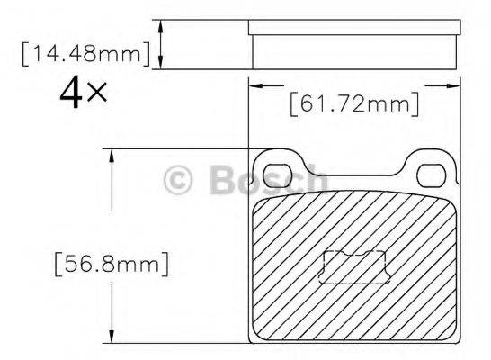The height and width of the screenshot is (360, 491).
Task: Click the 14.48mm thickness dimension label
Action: point(85,55)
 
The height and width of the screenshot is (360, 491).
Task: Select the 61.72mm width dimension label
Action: point(354,104)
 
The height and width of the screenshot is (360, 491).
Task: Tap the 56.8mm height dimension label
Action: point(112,265)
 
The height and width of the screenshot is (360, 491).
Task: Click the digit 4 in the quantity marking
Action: point(71,93)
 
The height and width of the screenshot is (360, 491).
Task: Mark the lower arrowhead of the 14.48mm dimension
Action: point(161,62)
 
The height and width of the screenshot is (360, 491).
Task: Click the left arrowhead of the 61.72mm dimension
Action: point(255,86)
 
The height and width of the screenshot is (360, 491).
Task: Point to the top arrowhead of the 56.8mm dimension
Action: point(112,156)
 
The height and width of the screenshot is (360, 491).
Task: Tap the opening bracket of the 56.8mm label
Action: point(58,265)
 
